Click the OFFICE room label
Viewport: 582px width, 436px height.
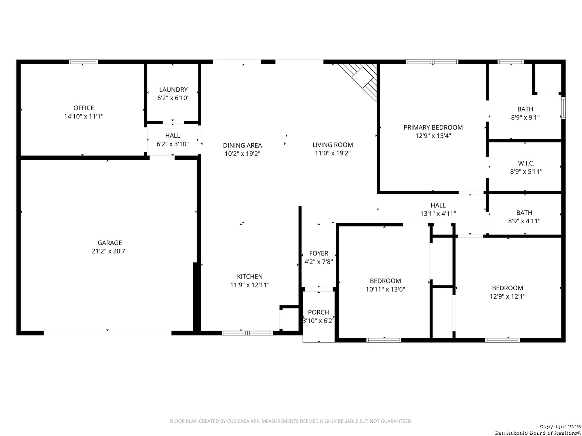[84, 108]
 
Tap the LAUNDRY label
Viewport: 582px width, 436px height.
[173, 90]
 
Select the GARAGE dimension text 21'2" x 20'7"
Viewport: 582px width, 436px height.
[110, 251]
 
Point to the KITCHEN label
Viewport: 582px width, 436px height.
[249, 277]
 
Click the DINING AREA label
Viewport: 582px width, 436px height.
[242, 145]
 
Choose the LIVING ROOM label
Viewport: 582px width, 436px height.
[333, 145]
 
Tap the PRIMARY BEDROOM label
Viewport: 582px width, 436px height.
[433, 127]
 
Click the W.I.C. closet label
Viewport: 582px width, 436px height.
[526, 163]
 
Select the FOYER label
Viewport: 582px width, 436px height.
[318, 253]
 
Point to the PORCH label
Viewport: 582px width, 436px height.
[318, 312]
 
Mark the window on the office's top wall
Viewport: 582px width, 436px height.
[83, 62]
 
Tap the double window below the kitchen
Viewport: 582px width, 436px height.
[247, 333]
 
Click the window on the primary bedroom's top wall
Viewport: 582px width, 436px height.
[432, 62]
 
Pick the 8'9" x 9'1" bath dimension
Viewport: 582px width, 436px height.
[525, 117]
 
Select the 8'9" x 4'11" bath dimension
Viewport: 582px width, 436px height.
[524, 221]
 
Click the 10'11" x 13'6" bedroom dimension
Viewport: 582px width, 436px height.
[385, 289]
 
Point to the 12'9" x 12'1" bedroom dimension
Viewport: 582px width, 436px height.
[507, 296]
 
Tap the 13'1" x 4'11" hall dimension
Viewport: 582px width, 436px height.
[438, 214]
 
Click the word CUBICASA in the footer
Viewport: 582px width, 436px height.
[237, 421]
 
